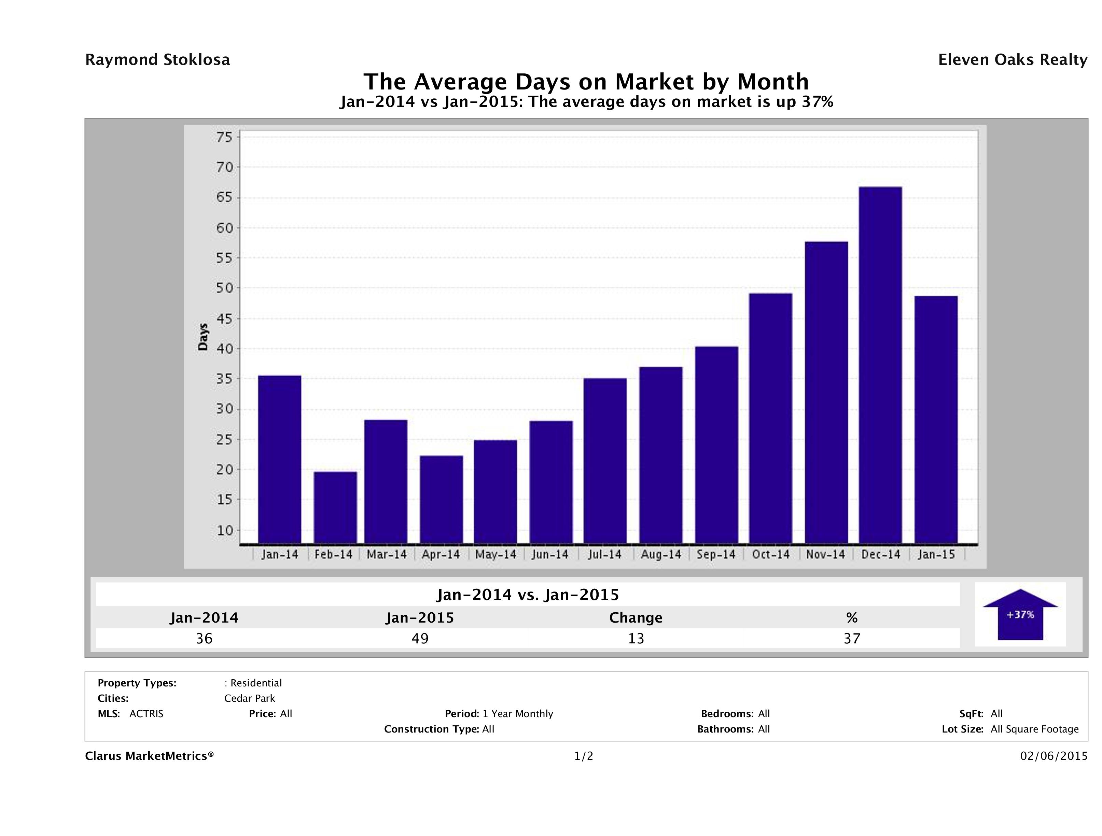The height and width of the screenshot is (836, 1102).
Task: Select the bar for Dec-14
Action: tap(880, 365)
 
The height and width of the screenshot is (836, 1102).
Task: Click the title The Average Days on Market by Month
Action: tap(586, 81)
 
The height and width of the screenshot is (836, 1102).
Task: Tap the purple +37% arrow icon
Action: tap(1020, 614)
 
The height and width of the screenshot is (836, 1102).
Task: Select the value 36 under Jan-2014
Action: tap(204, 638)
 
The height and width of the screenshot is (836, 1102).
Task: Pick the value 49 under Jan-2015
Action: tap(420, 638)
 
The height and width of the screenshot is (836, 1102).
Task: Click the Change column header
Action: tap(636, 618)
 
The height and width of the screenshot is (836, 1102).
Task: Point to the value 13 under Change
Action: tap(636, 638)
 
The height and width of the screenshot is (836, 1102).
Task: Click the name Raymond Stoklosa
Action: tap(157, 60)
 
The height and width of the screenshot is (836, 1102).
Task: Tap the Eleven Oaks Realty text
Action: tap(1012, 60)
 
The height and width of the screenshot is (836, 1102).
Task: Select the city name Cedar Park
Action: tap(250, 698)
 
